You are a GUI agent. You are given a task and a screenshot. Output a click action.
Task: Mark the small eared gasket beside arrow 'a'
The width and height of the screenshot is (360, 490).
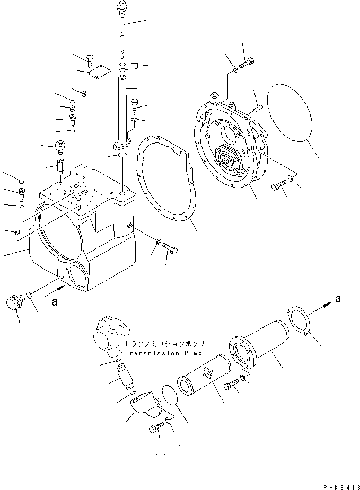298,322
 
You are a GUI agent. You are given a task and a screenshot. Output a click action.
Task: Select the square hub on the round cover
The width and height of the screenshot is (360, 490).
230,159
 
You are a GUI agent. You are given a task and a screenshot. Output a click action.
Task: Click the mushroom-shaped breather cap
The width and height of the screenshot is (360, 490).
59,144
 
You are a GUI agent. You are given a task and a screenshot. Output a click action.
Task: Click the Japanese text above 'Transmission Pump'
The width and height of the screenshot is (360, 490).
165,343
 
